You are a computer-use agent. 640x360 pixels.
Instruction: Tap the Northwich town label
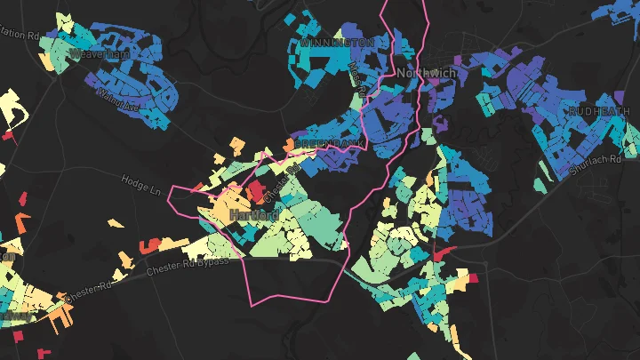point(425,72)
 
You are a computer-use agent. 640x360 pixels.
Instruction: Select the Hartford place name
point(253,216)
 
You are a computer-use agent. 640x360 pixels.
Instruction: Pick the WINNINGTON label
point(337,42)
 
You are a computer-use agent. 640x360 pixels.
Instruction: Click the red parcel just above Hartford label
point(255,190)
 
